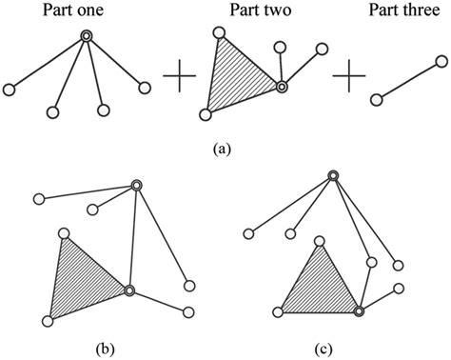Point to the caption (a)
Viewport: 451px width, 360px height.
click(225, 148)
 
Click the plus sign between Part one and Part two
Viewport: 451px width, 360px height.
click(180, 76)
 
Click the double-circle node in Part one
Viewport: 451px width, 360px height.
click(87, 36)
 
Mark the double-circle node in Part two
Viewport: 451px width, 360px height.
click(282, 88)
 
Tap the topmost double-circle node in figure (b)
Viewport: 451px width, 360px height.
click(136, 187)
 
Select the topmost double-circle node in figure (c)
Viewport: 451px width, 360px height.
click(332, 175)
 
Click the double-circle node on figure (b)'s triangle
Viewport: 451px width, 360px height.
click(129, 290)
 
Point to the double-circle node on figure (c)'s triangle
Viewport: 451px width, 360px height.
click(359, 310)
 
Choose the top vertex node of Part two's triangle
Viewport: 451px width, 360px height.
click(219, 34)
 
